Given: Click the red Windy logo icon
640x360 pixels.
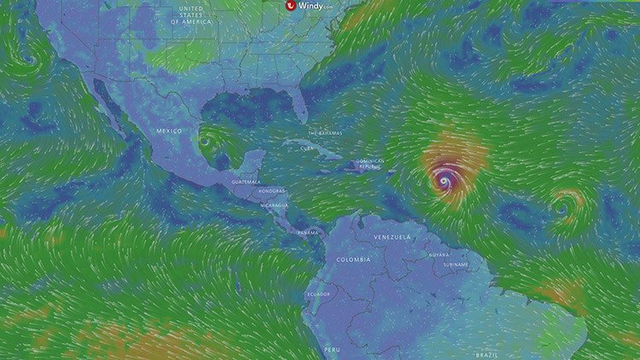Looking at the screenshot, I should point(291,5).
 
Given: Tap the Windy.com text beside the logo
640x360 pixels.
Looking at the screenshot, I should point(316,5).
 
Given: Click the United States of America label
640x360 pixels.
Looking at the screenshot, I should point(189,16).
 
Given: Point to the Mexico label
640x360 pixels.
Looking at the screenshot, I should point(170,130).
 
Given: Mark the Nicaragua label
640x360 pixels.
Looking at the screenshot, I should point(275,205).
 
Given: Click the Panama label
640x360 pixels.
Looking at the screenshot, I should point(308,232).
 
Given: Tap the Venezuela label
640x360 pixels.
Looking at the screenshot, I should point(393,235).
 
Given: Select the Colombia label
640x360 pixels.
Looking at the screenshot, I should point(353,258).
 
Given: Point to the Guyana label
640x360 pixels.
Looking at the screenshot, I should point(439,254).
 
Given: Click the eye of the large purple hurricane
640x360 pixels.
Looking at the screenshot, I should point(444,181).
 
